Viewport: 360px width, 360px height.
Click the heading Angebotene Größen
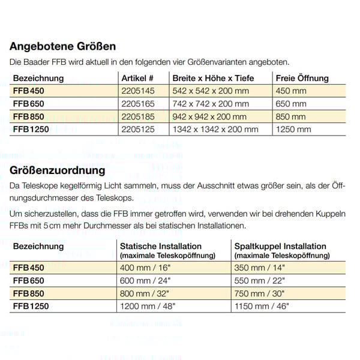[63, 46]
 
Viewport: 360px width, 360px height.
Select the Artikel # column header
[137, 78]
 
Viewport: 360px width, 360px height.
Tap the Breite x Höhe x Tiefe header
[213, 78]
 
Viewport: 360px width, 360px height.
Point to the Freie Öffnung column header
[302, 78]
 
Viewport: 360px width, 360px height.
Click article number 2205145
[138, 91]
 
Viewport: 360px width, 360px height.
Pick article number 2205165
[138, 103]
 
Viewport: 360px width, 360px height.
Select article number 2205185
[138, 116]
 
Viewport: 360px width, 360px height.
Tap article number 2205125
[138, 129]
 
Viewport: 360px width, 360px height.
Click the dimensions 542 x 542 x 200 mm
[210, 91]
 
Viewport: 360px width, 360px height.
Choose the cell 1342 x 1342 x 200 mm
[215, 129]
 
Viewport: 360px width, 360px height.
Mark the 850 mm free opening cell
[290, 116]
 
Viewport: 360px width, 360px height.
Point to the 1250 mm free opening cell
[293, 129]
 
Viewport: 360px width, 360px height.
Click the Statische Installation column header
[161, 246]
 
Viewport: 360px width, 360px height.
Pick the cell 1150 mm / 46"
[260, 306]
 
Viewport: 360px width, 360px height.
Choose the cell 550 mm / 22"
[258, 280]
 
